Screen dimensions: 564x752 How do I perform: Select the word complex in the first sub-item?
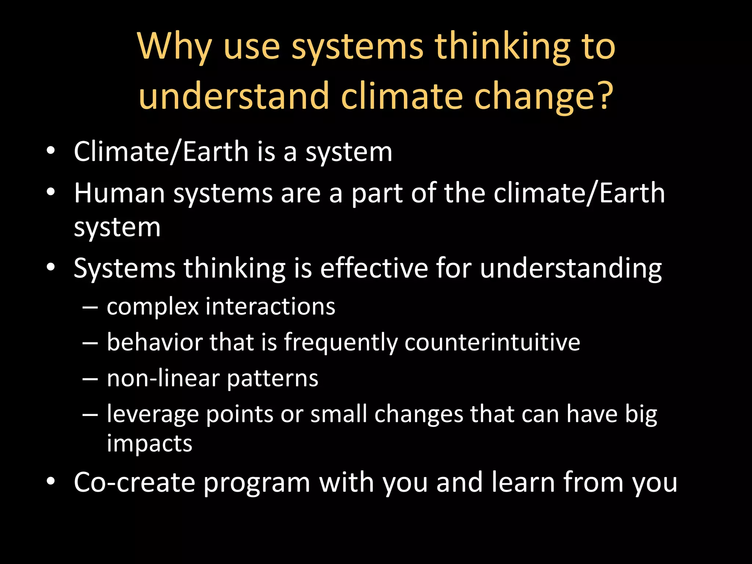tap(152, 307)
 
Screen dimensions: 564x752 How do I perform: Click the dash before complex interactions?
tap(90, 307)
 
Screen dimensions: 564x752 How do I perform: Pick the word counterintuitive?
tap(492, 342)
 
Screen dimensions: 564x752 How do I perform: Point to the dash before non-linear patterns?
tap(90, 379)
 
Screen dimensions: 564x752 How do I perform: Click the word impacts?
tap(149, 444)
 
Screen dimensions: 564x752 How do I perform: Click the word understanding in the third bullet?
tap(571, 269)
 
